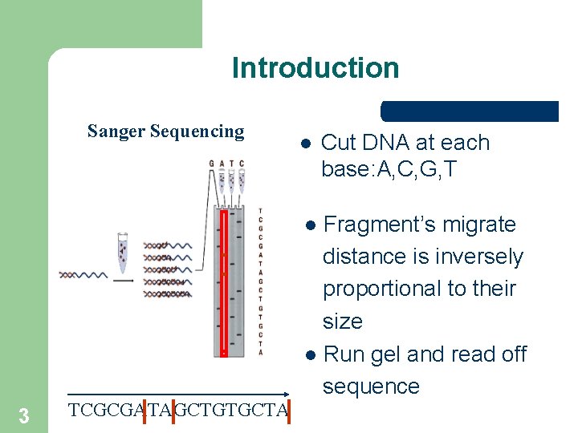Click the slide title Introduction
pyautogui.click(x=315, y=68)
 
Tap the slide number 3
pyautogui.click(x=24, y=415)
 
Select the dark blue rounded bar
pyautogui.click(x=470, y=111)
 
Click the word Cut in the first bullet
pyautogui.click(x=338, y=144)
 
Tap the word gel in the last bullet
pyautogui.click(x=385, y=354)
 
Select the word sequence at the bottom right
pyautogui.click(x=371, y=386)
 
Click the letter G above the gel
pyautogui.click(x=212, y=164)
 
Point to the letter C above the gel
pyautogui.click(x=241, y=164)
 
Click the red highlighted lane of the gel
pyautogui.click(x=224, y=281)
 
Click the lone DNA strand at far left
pyautogui.click(x=82, y=275)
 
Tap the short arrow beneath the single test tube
pyautogui.click(x=123, y=281)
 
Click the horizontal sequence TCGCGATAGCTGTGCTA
pyautogui.click(x=178, y=411)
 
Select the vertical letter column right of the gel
pyautogui.click(x=260, y=281)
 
